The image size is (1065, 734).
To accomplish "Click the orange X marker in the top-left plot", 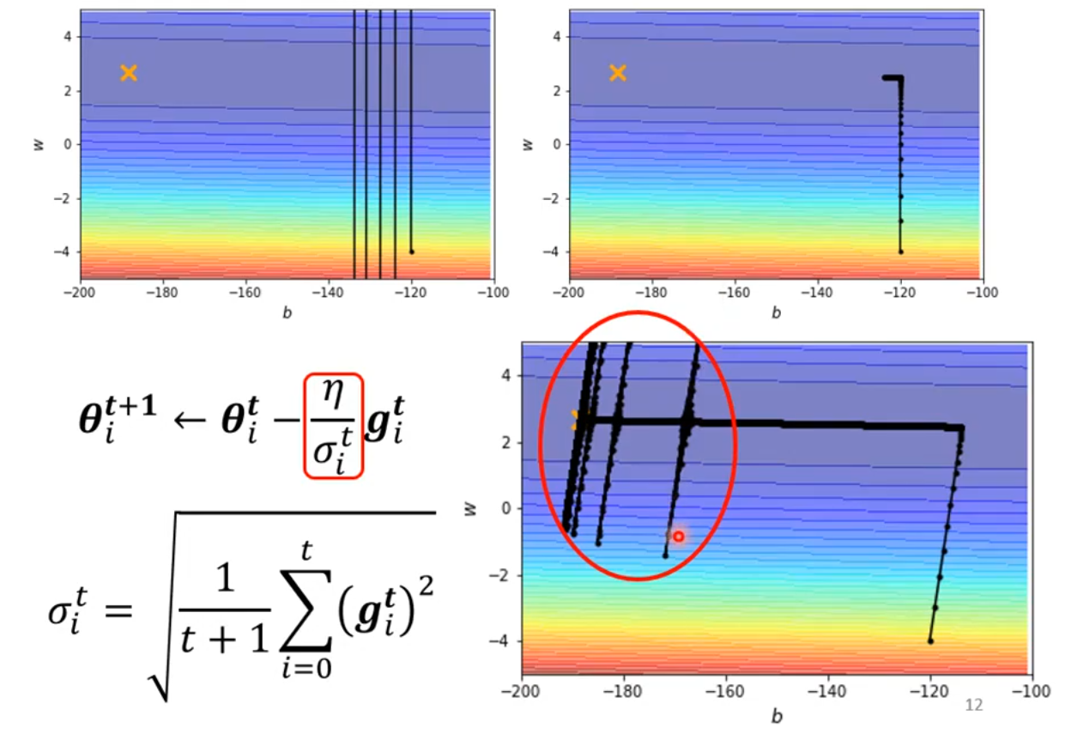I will coord(129,73).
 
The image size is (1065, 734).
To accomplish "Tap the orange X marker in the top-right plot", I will coord(618,73).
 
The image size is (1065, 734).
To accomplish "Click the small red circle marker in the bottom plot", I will coord(678,537).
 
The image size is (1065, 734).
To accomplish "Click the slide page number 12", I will coord(974,705).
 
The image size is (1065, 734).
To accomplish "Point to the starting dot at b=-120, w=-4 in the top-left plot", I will coord(412,252).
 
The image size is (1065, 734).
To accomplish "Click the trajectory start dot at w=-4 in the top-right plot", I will coord(901,252).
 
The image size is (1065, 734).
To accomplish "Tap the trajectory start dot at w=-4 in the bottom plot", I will coord(930,640).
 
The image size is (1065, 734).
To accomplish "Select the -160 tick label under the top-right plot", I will coord(735,292).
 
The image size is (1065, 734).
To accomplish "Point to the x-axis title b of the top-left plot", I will coord(286,313).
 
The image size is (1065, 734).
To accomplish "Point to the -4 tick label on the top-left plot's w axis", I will coord(65,252).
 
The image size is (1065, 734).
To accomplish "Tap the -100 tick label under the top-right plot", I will coord(981,292).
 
